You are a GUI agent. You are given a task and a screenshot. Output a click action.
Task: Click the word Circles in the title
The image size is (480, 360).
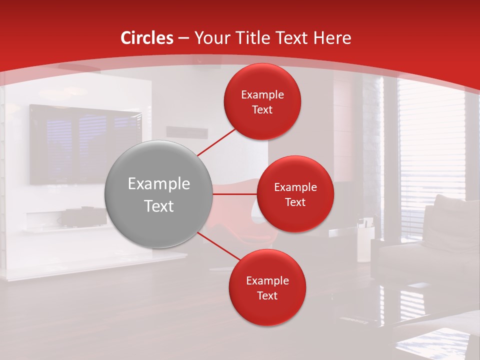pyautogui.click(x=147, y=38)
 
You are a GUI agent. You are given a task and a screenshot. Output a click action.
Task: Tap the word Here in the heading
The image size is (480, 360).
pyautogui.click(x=332, y=38)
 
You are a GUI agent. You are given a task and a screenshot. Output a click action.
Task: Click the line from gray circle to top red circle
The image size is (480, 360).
pyautogui.click(x=216, y=141)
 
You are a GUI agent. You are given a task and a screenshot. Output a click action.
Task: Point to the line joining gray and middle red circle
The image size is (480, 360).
pyautogui.click(x=235, y=194)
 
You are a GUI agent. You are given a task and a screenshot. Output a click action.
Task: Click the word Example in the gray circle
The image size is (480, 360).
pyautogui.click(x=159, y=184)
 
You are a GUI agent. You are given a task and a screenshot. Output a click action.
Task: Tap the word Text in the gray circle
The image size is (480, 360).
pyautogui.click(x=159, y=206)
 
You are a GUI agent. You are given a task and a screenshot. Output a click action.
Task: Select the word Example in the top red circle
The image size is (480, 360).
pyautogui.click(x=262, y=95)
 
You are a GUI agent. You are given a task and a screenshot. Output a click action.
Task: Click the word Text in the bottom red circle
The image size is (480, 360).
pyautogui.click(x=267, y=295)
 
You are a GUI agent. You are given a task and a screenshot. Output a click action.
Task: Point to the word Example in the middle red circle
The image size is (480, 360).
pyautogui.click(x=295, y=187)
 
